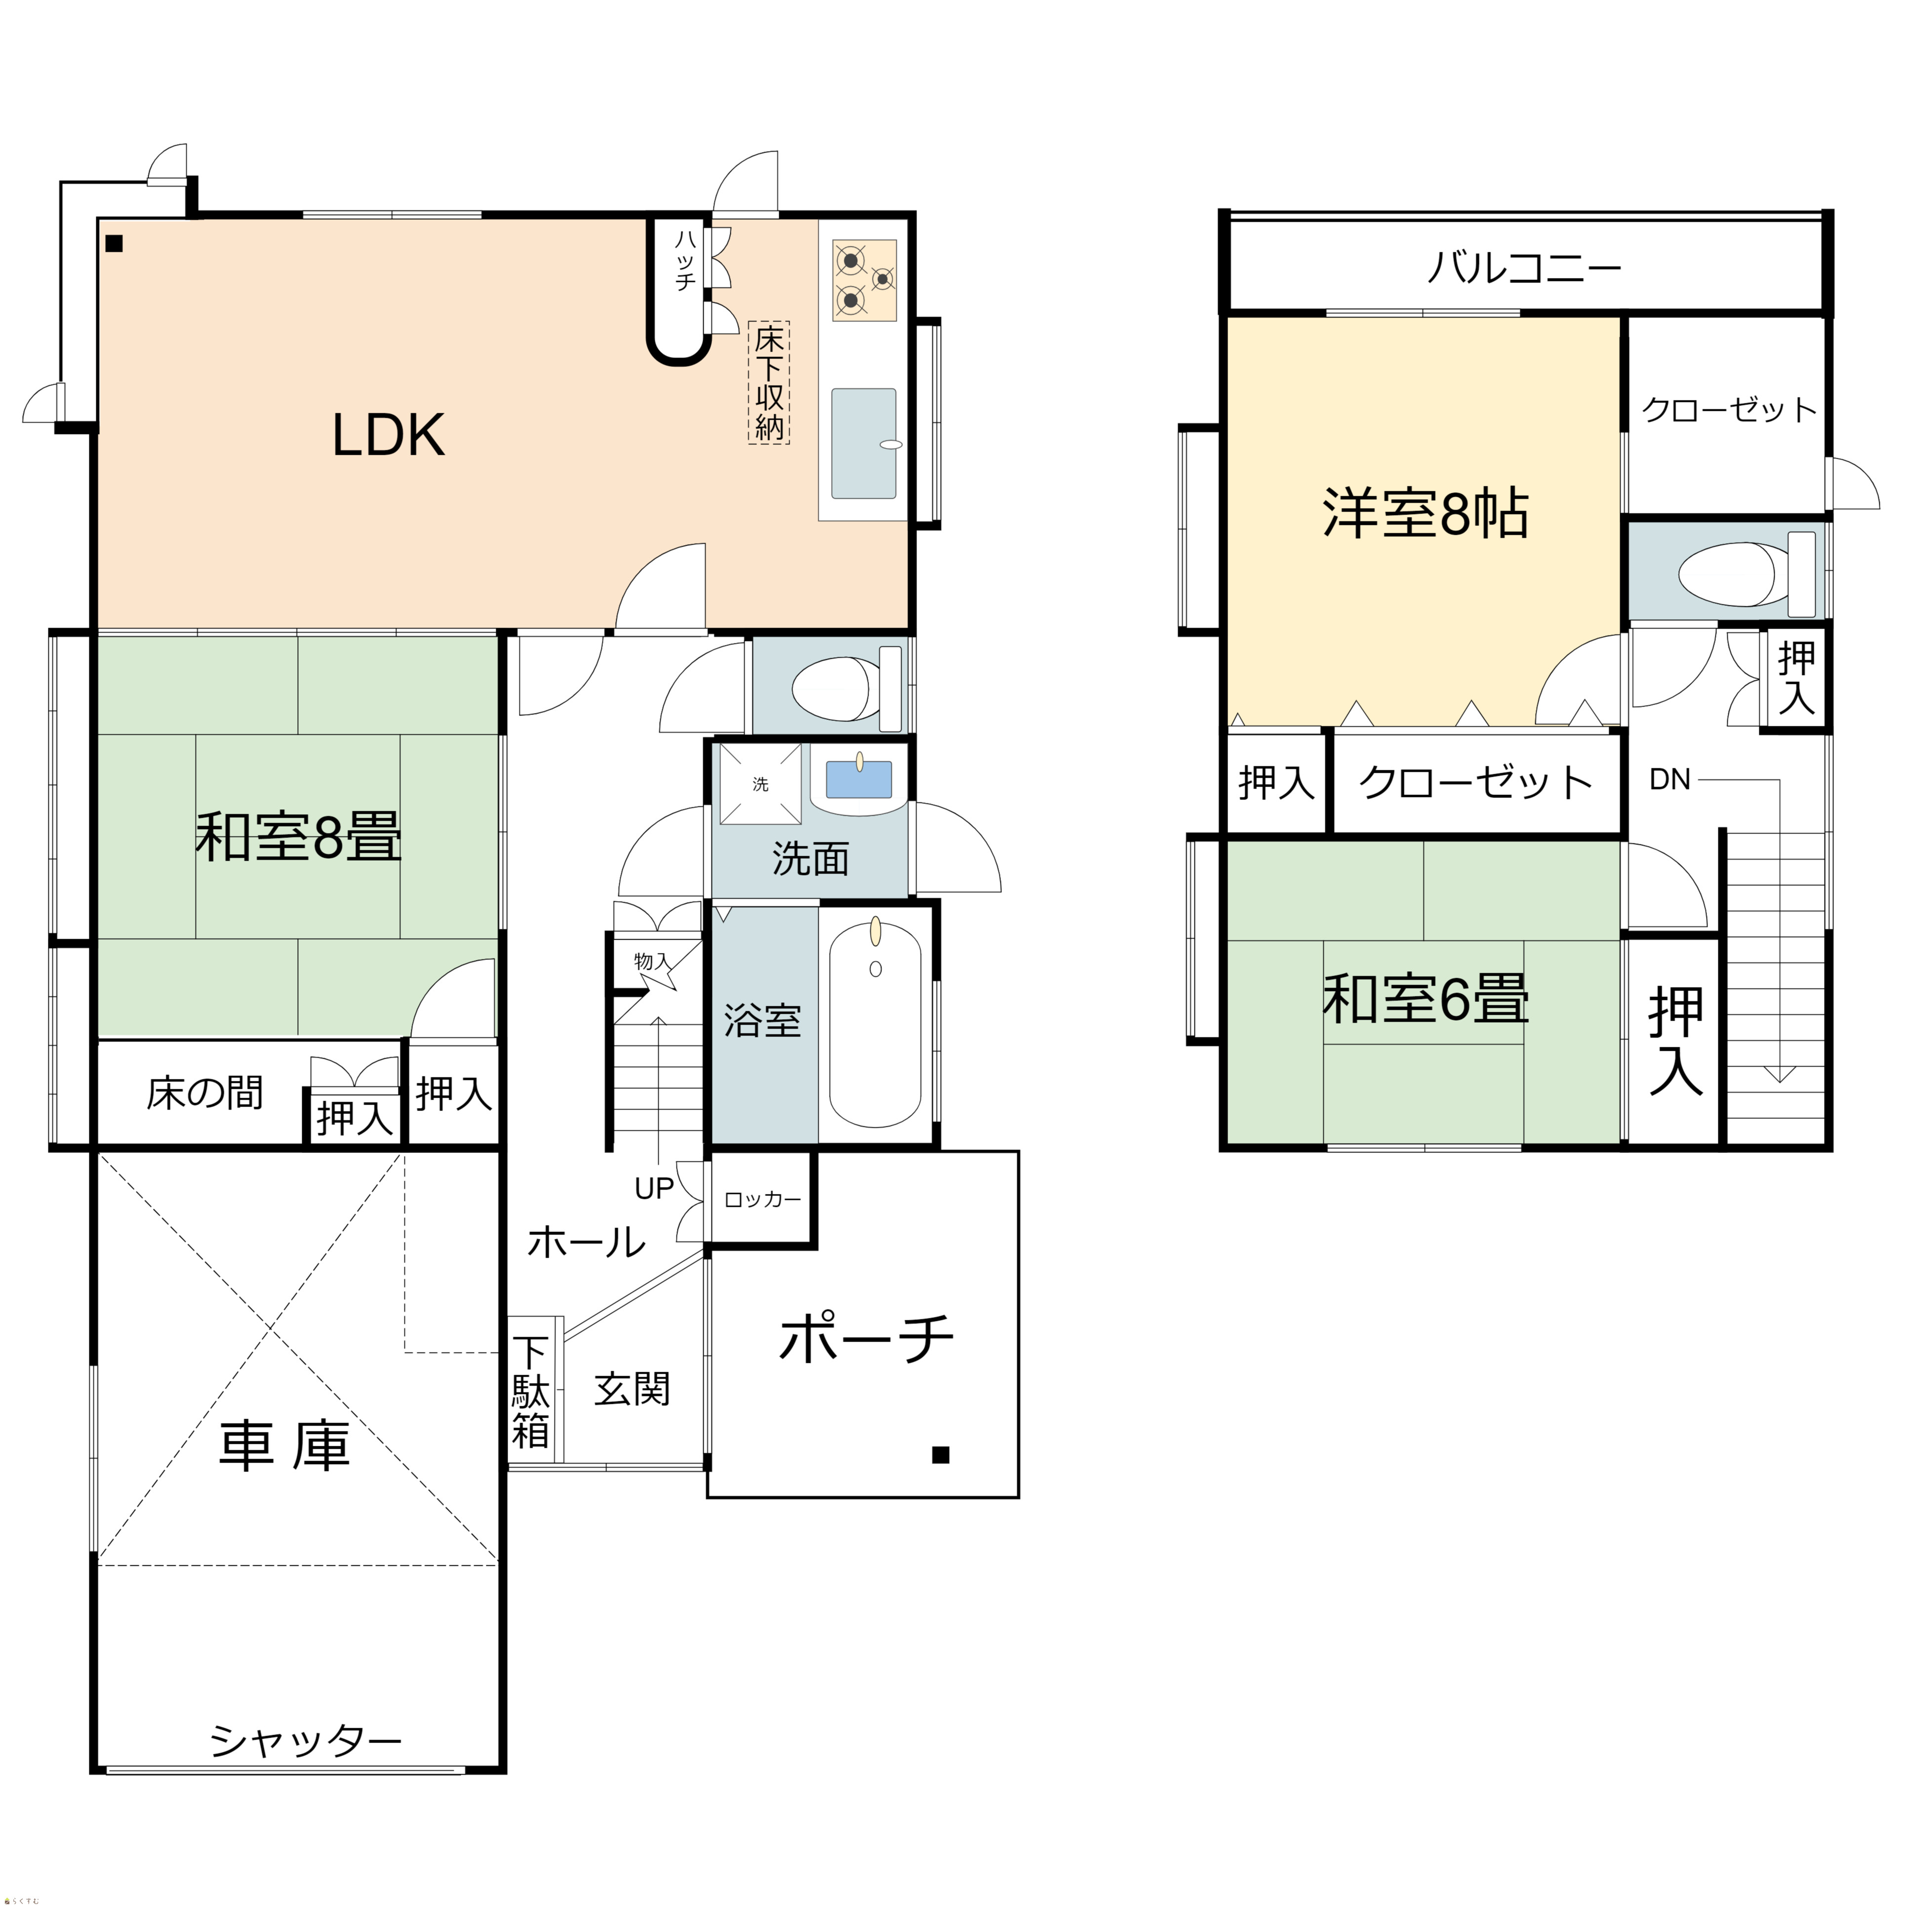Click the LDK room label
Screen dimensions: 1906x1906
pyautogui.click(x=389, y=435)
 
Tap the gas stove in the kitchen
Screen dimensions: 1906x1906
pyautogui.click(x=864, y=280)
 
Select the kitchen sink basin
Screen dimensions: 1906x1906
pyautogui.click(x=864, y=443)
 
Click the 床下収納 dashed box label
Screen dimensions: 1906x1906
pyautogui.click(x=768, y=382)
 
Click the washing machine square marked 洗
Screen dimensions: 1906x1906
pyautogui.click(x=759, y=784)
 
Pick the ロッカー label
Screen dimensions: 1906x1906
pyautogui.click(x=762, y=1199)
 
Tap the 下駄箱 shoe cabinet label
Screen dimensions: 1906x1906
pyautogui.click(x=531, y=1391)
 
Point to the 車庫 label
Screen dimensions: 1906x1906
pyautogui.click(x=284, y=1446)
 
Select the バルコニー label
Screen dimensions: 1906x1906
pyautogui.click(x=1524, y=267)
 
